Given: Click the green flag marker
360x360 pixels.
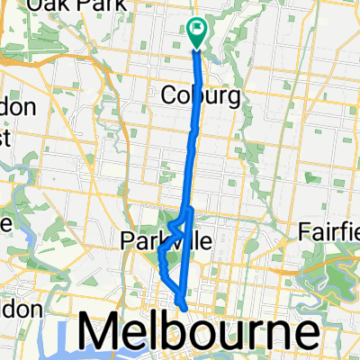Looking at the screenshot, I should (x=198, y=31).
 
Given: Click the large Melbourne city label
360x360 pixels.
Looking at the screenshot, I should (x=199, y=332).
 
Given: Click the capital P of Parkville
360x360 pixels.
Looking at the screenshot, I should (x=126, y=240).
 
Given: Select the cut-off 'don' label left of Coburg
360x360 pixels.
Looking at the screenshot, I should (x=18, y=107).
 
